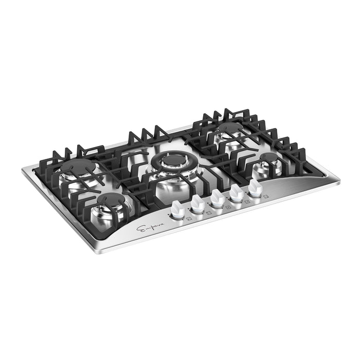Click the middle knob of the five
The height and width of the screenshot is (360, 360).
(217, 199)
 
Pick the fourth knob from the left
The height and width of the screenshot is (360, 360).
(237, 193)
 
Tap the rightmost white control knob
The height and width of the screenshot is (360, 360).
(254, 189)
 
